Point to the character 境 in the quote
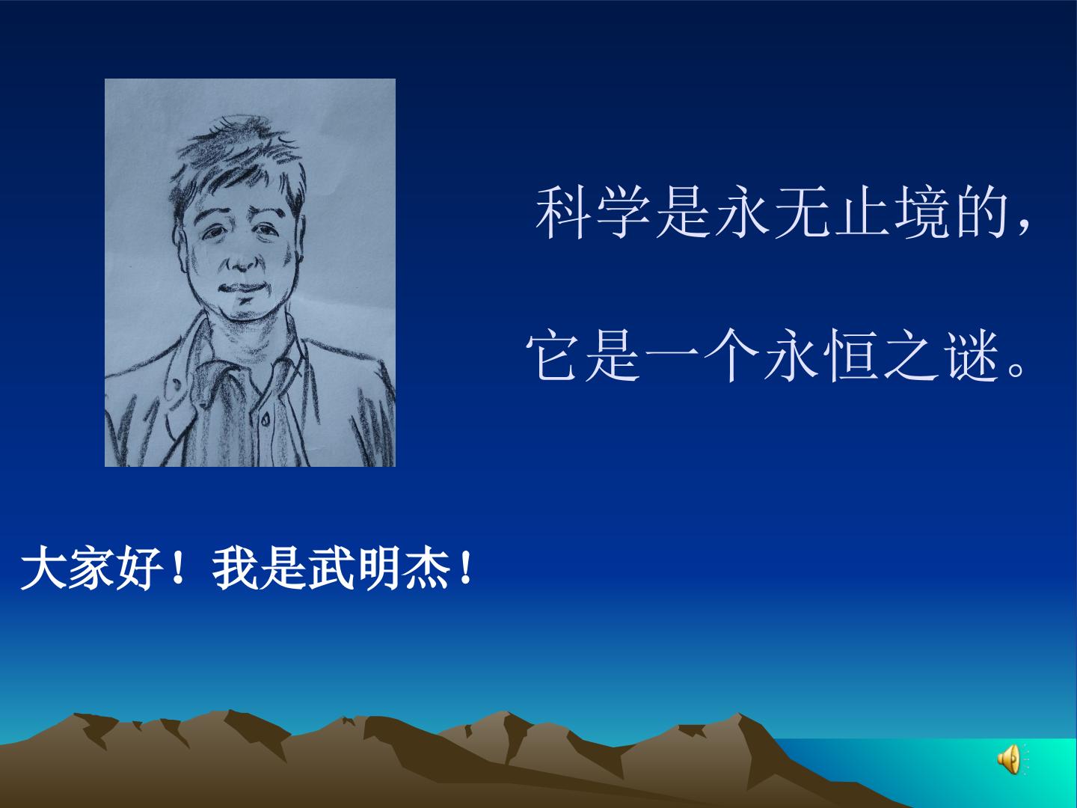coord(922,212)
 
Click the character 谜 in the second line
coord(974,355)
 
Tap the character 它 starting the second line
coord(553,355)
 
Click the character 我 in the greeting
coord(235,569)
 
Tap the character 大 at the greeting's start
coord(43,569)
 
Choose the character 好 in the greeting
coord(139,569)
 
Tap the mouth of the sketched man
coord(244,287)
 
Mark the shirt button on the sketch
coord(265,418)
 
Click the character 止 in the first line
coord(862,212)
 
